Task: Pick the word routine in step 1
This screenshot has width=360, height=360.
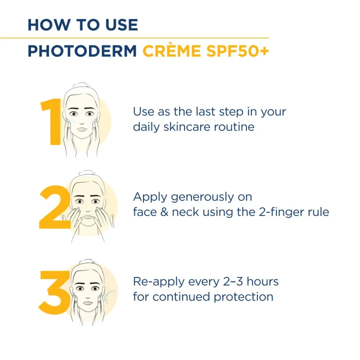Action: [235, 127]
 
